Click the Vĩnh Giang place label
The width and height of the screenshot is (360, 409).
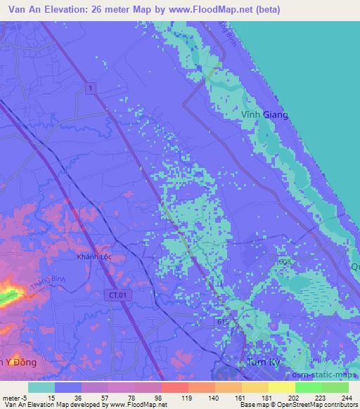pos(265,115)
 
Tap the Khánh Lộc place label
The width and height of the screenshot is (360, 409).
pos(95,257)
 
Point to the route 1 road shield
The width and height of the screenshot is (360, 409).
pos(91,87)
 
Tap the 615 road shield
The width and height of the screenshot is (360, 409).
pos(222,320)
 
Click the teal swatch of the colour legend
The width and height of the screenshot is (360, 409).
pos(41,387)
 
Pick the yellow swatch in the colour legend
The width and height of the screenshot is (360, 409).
pos(281,387)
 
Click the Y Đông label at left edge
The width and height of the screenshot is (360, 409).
pos(20,362)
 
